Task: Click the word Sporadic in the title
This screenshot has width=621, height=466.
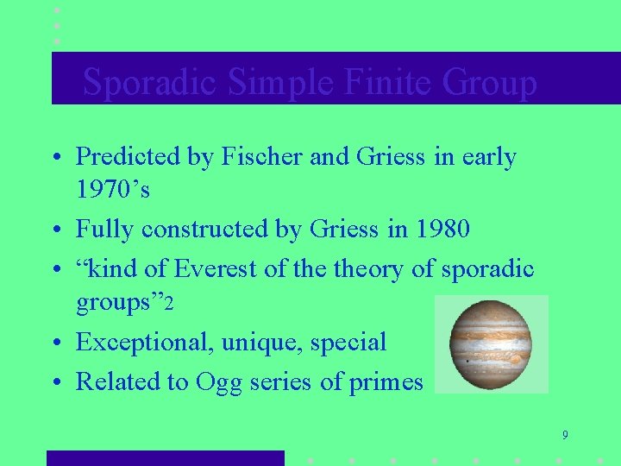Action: [x=152, y=83]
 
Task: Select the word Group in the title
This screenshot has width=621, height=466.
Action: [x=489, y=83]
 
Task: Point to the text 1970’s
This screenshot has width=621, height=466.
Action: [x=113, y=189]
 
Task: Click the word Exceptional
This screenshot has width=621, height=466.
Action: [x=144, y=343]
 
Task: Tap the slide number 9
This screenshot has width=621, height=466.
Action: [x=564, y=435]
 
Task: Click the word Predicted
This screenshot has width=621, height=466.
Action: [x=127, y=157]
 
